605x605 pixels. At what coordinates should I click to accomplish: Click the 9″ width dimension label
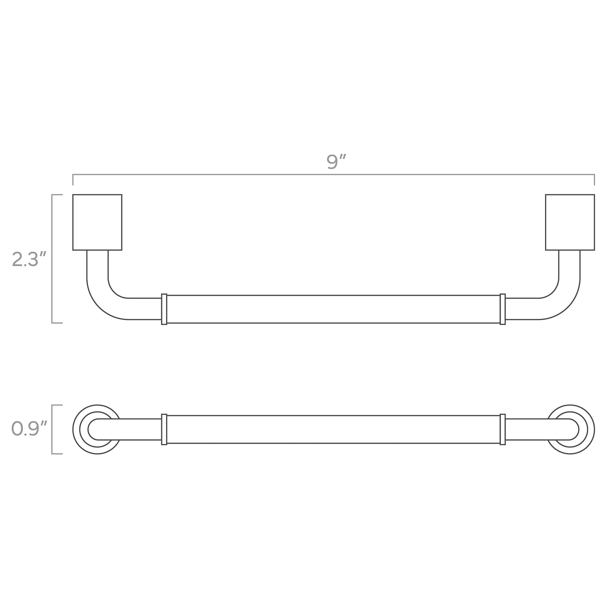pyautogui.click(x=336, y=162)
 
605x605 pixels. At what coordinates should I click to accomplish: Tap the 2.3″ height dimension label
pyautogui.click(x=29, y=259)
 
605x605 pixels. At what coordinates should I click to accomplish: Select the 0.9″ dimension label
pyautogui.click(x=29, y=429)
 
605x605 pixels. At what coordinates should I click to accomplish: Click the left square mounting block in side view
pyautogui.click(x=97, y=222)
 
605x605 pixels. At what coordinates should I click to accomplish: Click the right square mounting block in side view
pyautogui.click(x=570, y=222)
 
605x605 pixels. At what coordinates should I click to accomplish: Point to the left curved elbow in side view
pyautogui.click(x=103, y=297)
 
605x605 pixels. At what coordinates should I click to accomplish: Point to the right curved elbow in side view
pyautogui.click(x=564, y=297)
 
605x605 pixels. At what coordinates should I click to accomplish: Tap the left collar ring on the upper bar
pyautogui.click(x=164, y=309)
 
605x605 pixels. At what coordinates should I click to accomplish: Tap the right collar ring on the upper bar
pyautogui.click(x=502, y=309)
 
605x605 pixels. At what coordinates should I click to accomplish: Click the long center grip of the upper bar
pyautogui.click(x=333, y=309)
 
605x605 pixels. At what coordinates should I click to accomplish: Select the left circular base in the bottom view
pyautogui.click(x=78, y=429)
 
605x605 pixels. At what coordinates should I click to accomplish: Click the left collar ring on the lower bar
pyautogui.click(x=164, y=429)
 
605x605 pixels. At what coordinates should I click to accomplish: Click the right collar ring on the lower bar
pyautogui.click(x=502, y=429)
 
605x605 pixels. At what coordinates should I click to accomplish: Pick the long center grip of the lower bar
pyautogui.click(x=333, y=429)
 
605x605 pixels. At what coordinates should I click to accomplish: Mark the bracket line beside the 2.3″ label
pyautogui.click(x=52, y=259)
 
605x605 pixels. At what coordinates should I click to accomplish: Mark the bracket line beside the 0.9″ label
pyautogui.click(x=52, y=429)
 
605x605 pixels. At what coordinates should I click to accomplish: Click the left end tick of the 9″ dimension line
pyautogui.click(x=73, y=180)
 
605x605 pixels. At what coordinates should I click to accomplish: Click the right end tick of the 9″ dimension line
pyautogui.click(x=594, y=180)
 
